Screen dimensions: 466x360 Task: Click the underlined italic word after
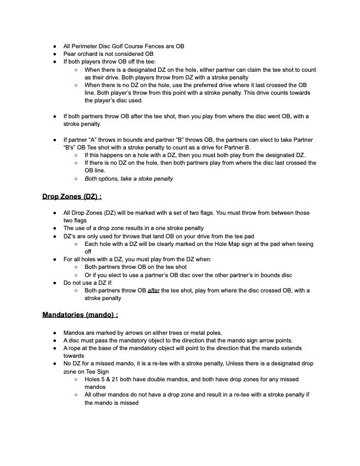(154, 290)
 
